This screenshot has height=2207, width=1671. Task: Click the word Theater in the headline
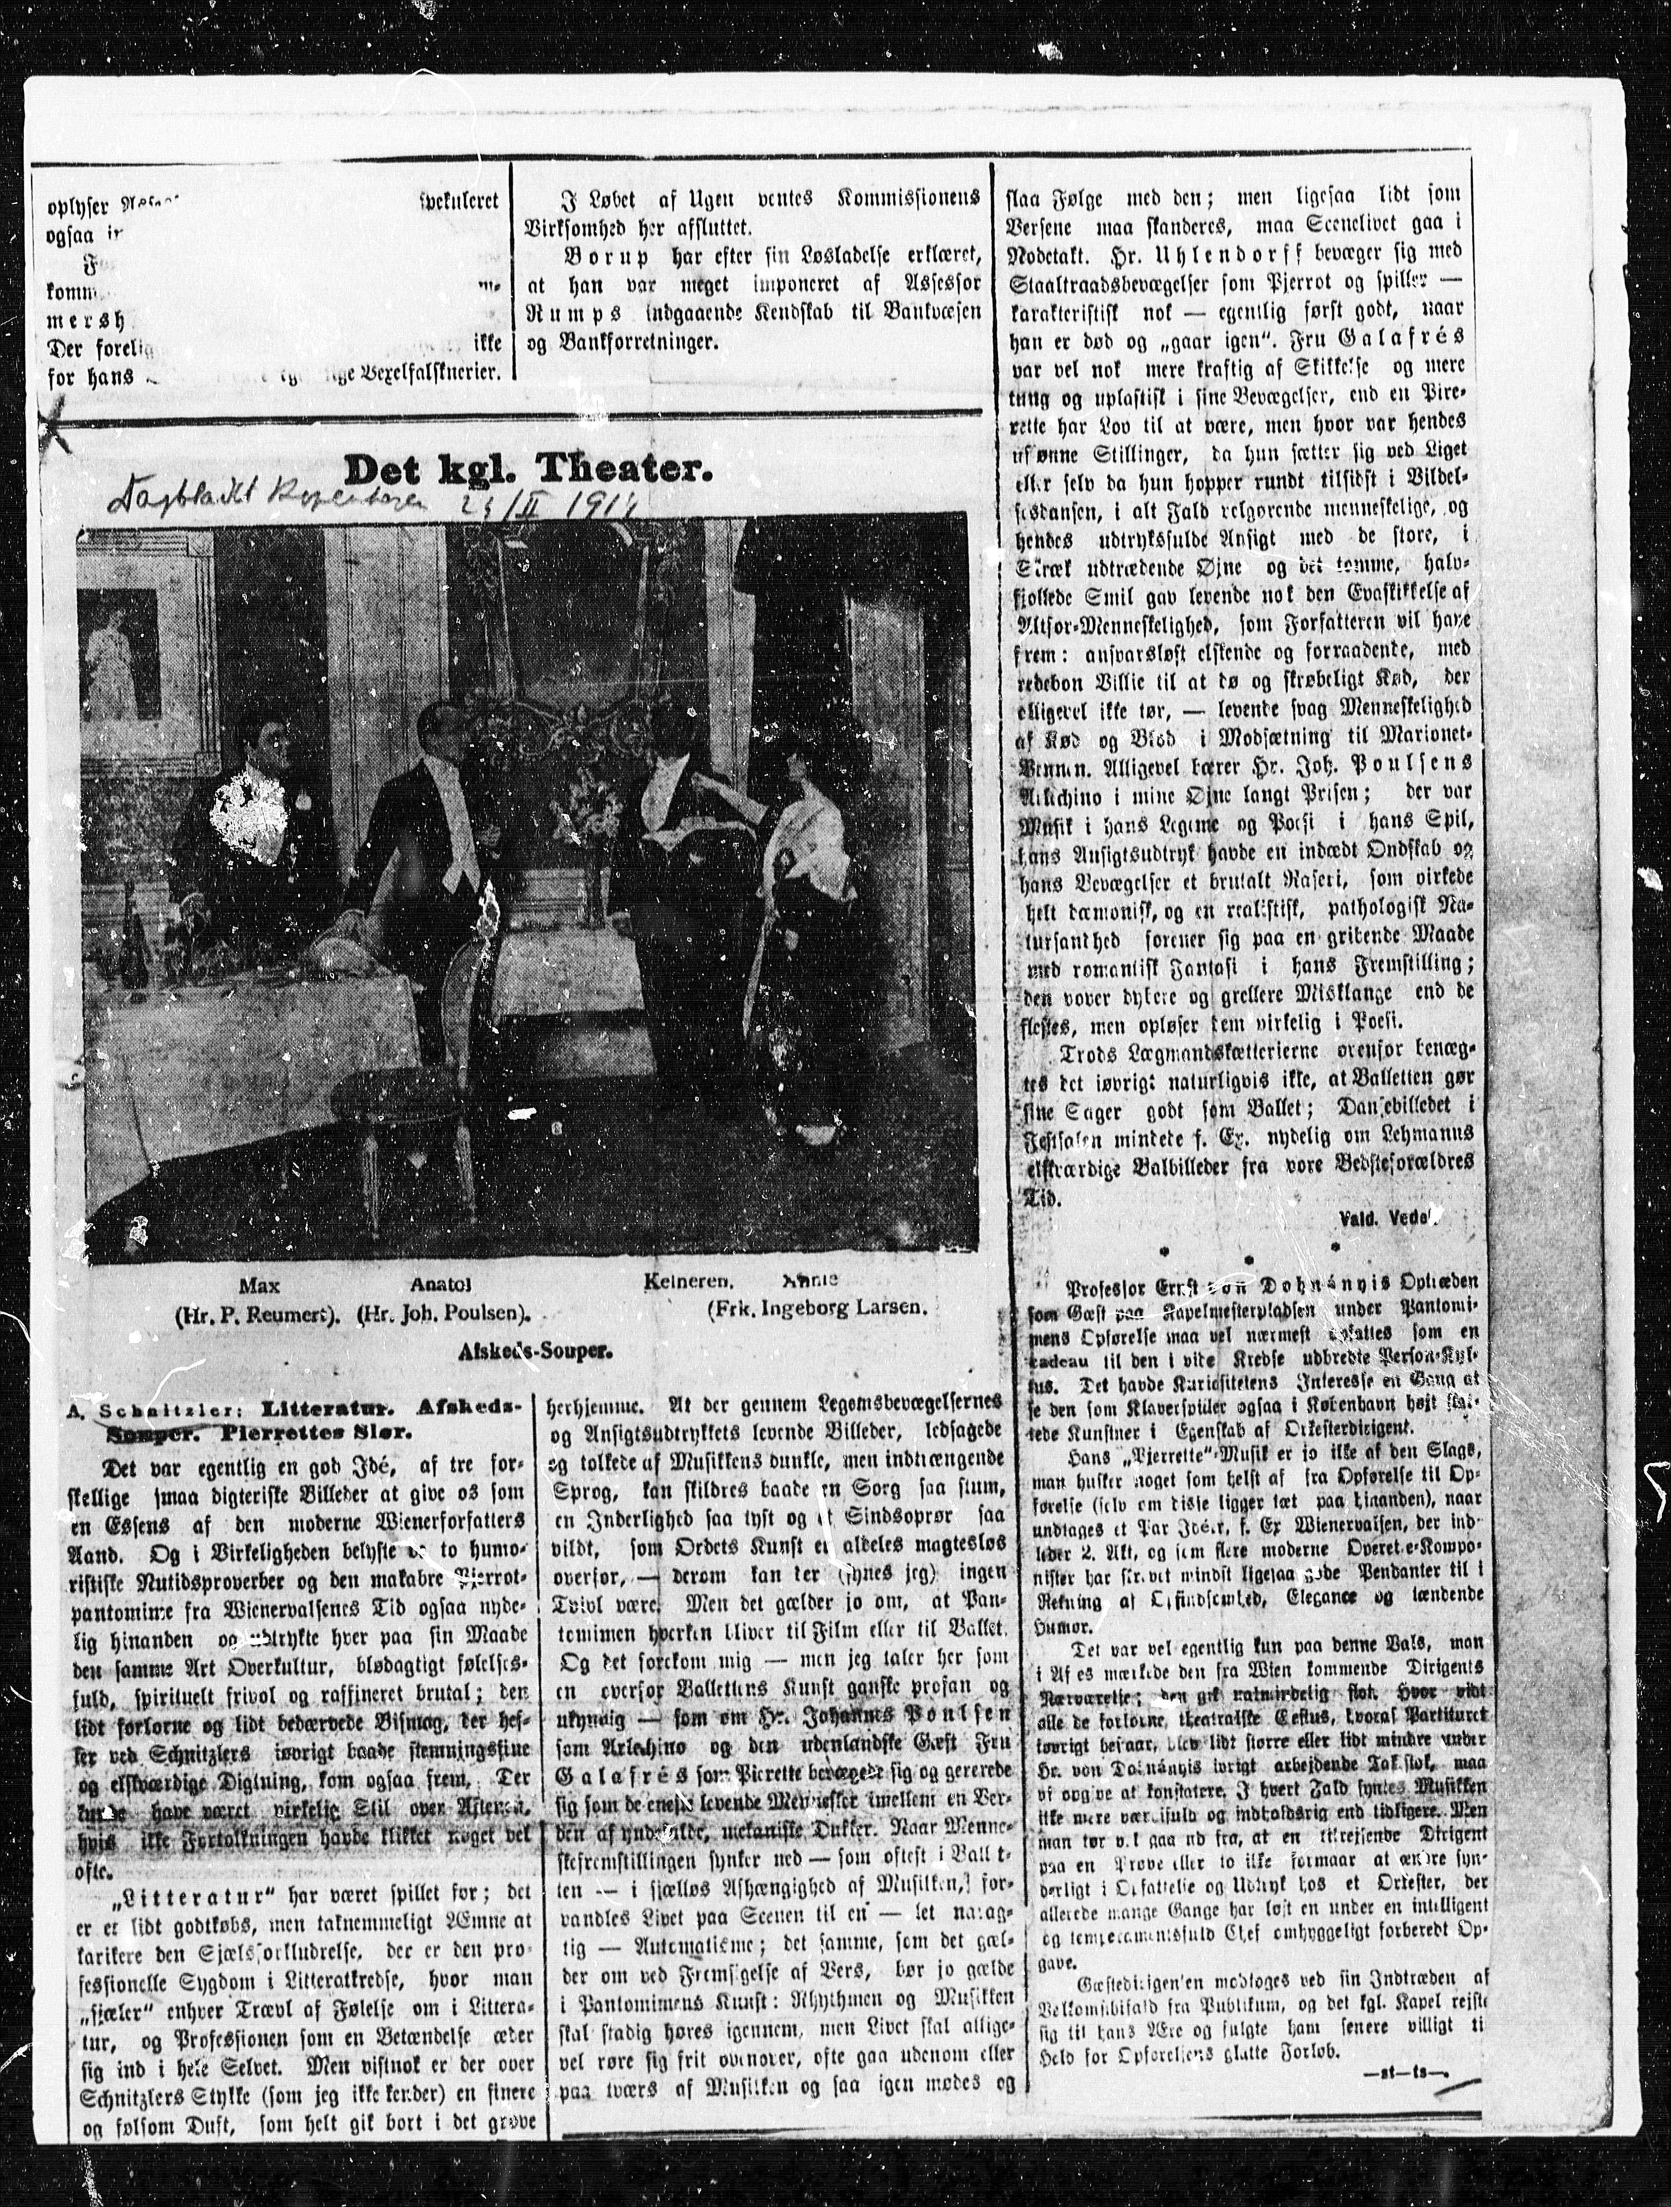click(x=622, y=470)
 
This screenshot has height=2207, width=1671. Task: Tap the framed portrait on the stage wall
click(x=120, y=659)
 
